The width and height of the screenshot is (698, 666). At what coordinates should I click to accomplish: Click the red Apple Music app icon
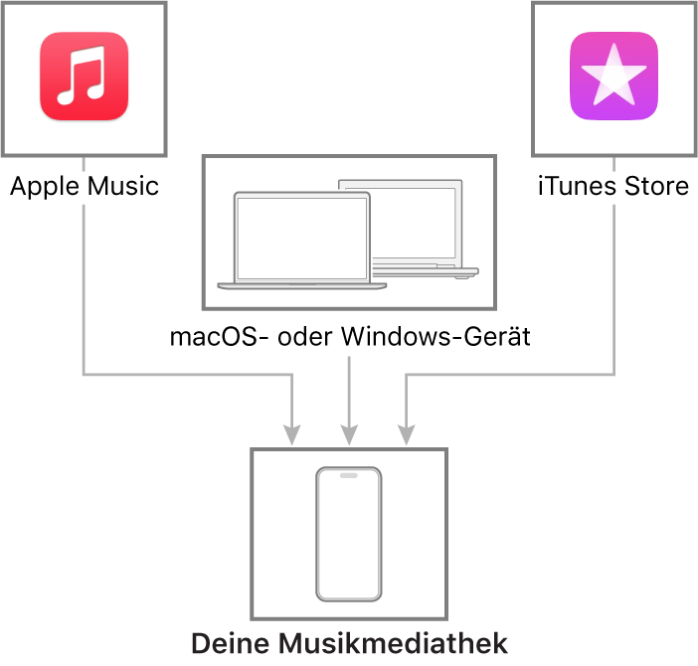pos(85,77)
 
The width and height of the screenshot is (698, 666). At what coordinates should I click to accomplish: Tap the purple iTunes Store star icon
pos(613,77)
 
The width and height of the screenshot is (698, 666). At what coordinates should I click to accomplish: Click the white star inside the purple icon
pos(613,76)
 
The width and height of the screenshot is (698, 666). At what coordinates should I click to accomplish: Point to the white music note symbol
pos(82,76)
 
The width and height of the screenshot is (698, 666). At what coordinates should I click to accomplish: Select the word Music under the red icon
pos(123,186)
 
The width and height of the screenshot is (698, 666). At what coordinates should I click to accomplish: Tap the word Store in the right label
pos(657,186)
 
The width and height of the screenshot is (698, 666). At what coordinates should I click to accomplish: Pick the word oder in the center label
pos(305,336)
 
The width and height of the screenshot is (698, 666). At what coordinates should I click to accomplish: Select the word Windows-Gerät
pos(436,336)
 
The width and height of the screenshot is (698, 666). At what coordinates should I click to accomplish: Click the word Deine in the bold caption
pos(231,643)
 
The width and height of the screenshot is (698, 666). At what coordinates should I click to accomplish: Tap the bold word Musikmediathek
pos(394,643)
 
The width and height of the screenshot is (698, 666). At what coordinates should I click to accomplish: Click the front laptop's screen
pos(302,238)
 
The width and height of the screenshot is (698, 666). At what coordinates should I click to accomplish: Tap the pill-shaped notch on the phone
pos(349,475)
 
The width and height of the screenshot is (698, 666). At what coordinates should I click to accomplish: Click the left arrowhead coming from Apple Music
pos(292,435)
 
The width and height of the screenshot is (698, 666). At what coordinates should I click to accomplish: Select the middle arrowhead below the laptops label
pos(349,435)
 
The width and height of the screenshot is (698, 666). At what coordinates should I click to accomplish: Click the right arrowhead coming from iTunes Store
pos(407,435)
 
